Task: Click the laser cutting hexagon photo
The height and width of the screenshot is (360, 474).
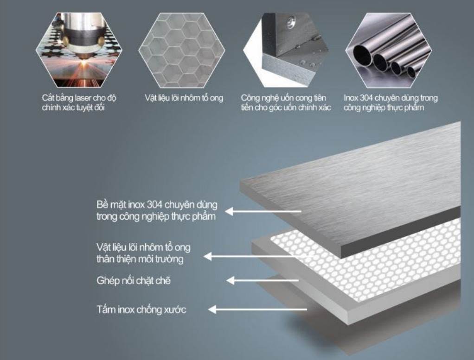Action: [79, 50]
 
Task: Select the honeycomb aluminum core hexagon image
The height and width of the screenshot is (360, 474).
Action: [182, 50]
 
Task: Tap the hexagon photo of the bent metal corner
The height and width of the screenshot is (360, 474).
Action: [286, 50]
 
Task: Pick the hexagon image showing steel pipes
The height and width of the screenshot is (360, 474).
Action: [389, 50]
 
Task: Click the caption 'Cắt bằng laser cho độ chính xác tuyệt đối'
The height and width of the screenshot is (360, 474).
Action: [79, 103]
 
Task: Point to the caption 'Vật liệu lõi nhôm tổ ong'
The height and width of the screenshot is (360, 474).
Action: [184, 98]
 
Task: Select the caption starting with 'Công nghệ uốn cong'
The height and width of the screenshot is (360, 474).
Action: [286, 103]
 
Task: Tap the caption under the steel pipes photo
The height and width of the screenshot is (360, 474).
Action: [391, 103]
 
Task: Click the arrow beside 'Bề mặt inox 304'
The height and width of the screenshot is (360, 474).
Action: [263, 211]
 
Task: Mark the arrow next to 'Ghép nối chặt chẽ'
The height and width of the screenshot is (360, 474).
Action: [263, 281]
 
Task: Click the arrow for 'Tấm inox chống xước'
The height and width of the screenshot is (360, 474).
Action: [257, 309]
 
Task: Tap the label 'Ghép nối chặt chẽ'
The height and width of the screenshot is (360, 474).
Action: [134, 281]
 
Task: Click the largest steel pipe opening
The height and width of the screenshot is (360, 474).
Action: [362, 55]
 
